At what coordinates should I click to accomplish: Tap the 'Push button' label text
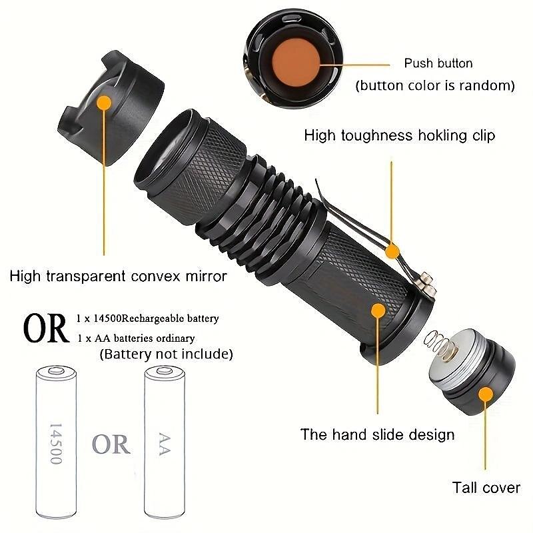coord(438,63)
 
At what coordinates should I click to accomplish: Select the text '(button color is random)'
coord(434,85)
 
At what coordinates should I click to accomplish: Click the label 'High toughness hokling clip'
coord(400,135)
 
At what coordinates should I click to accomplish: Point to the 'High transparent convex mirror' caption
coord(119,275)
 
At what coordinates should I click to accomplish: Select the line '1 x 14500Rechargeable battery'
coord(148,319)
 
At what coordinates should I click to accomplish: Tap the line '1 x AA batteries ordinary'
coord(136,338)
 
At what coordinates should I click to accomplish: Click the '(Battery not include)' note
coord(166,354)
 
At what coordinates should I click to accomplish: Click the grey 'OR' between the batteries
coord(111,444)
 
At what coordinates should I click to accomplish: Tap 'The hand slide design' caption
coord(377,435)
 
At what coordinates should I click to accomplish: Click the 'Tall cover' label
coord(486,488)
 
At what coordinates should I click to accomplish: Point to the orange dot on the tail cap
coord(486,394)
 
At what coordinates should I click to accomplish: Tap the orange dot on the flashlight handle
coord(378,310)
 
